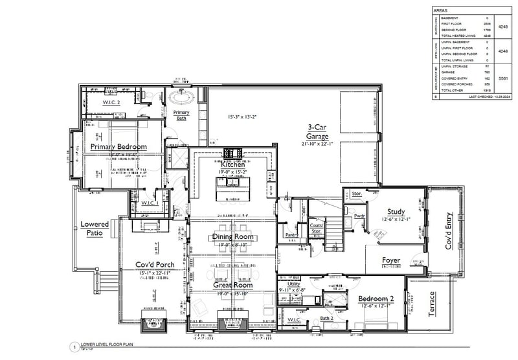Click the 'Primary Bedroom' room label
point(118,147)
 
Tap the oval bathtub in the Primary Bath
point(181,98)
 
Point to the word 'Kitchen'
point(233,165)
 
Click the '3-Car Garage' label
point(318,133)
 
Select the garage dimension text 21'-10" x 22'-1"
point(318,144)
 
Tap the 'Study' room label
point(396,211)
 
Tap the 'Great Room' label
point(233,285)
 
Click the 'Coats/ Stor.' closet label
point(316,228)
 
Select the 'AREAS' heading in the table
point(440,11)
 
